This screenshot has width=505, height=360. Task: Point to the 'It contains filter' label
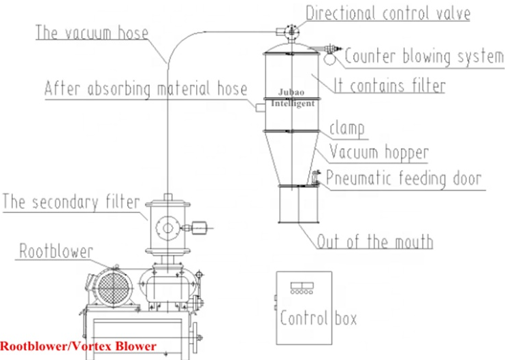tap(389, 86)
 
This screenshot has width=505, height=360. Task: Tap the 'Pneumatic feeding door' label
tap(404, 178)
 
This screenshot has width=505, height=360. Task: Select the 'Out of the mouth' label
tap(375, 240)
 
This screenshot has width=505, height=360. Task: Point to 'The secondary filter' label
tap(71, 201)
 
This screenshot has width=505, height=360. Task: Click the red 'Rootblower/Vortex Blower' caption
tap(78, 346)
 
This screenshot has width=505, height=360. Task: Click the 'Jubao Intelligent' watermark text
tap(293, 99)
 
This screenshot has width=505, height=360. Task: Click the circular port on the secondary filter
tap(167, 227)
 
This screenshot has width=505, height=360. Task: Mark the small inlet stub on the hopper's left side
tap(259, 107)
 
